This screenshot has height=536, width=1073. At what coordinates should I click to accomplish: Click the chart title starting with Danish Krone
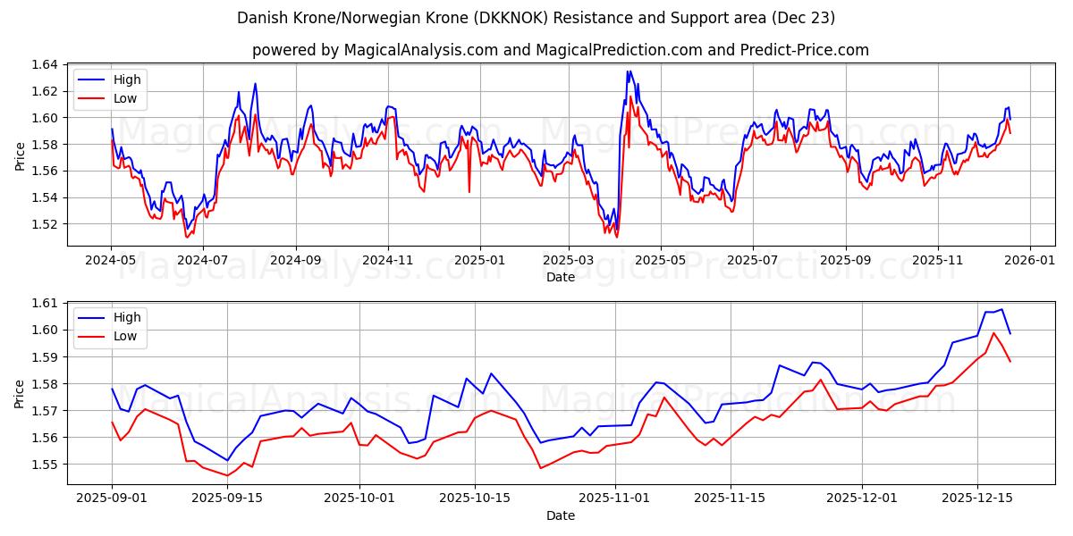[x=536, y=18]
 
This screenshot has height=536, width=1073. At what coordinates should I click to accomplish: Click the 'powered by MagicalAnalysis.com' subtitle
[x=560, y=50]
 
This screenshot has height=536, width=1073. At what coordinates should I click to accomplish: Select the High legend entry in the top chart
[x=126, y=80]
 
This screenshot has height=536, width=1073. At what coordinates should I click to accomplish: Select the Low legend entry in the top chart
[x=125, y=98]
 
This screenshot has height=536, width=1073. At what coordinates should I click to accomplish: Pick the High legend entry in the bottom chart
[x=126, y=317]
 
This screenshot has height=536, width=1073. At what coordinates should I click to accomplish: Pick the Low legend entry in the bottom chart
[x=125, y=336]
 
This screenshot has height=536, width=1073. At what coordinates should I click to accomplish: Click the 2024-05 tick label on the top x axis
[x=111, y=260]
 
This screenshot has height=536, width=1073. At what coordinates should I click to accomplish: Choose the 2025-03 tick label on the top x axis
[x=569, y=260]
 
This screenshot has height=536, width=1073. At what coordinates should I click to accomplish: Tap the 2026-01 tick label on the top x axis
[x=1029, y=260]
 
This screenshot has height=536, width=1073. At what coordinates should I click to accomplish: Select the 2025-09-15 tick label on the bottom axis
[x=227, y=498]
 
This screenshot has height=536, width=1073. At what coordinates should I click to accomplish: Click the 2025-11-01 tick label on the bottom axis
[x=614, y=498]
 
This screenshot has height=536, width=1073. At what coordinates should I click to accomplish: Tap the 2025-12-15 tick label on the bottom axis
[x=976, y=498]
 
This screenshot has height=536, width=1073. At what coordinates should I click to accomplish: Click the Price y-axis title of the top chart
[x=20, y=156]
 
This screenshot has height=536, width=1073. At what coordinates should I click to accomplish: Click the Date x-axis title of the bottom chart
[x=560, y=515]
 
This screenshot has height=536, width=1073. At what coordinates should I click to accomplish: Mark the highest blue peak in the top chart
[x=629, y=71]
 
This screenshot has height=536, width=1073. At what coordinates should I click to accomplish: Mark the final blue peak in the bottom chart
[x=1001, y=309]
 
